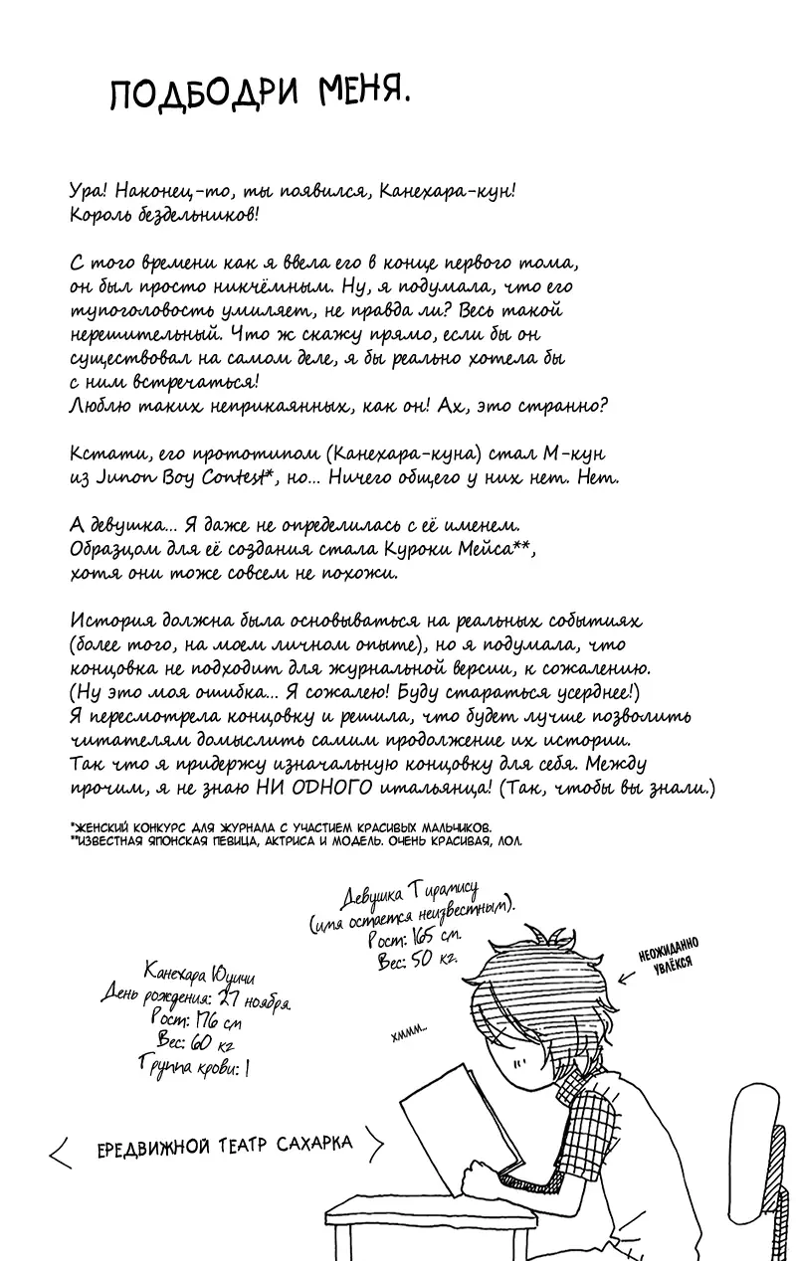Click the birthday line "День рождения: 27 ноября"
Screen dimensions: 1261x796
tap(196, 997)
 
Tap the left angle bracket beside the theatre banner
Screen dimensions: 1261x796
tap(59, 1151)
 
